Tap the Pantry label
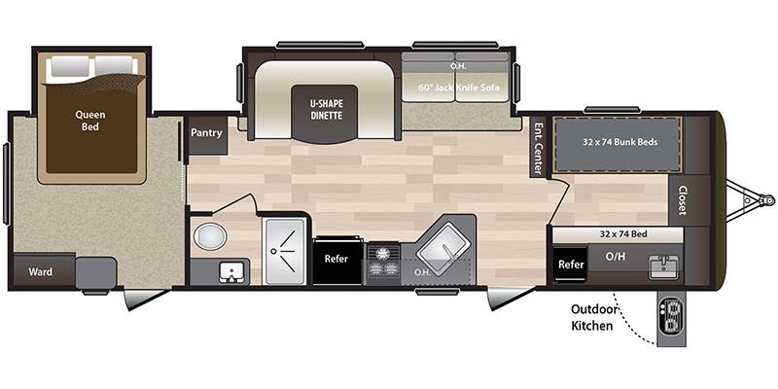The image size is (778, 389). (206, 133)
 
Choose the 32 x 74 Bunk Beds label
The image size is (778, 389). (619, 141)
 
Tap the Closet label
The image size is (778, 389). (683, 200)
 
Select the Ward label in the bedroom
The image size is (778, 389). (40, 271)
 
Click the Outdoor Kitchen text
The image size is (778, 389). (591, 318)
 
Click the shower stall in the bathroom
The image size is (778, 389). (285, 250)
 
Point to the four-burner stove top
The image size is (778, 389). (383, 261)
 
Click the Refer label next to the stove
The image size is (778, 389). (336, 260)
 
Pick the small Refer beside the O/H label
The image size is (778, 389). (571, 264)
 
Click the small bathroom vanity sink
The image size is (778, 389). (230, 270)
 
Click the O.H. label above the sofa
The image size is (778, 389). (457, 66)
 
